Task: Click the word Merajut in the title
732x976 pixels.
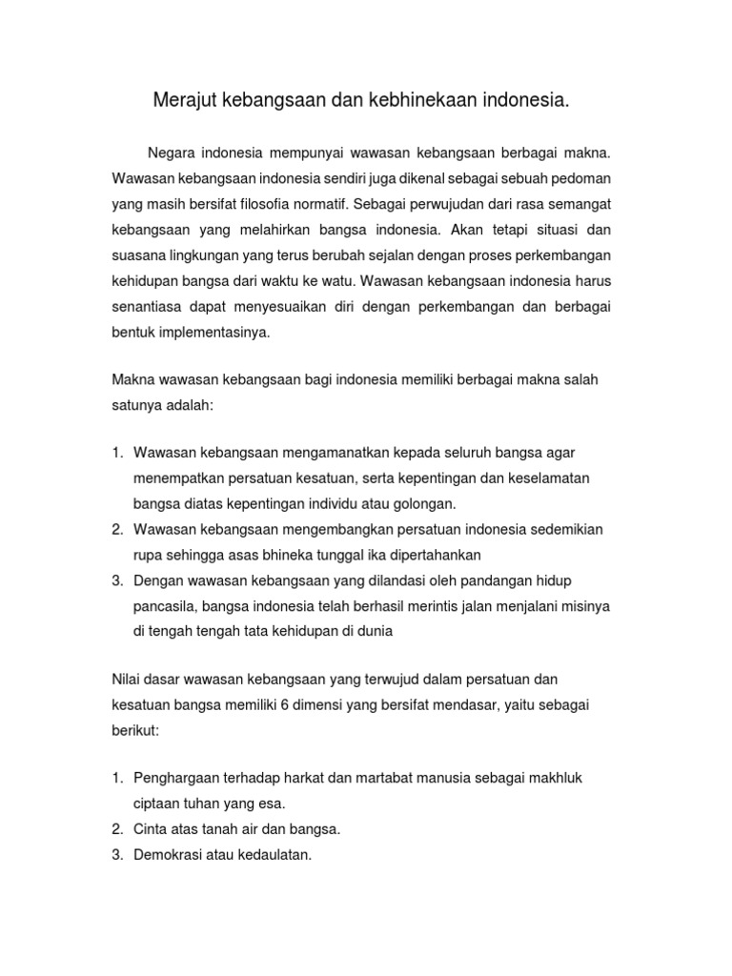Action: pyautogui.click(x=184, y=99)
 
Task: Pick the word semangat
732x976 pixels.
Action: pyautogui.click(x=575, y=204)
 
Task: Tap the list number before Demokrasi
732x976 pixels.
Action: pyautogui.click(x=116, y=855)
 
